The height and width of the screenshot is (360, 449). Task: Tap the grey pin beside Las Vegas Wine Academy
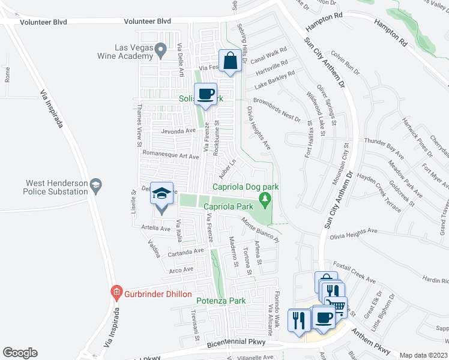point(161,50)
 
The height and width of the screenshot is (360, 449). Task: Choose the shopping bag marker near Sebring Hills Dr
point(231,61)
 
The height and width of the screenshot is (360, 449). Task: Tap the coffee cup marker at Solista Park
point(206,94)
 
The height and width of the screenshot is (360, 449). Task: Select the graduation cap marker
point(161,194)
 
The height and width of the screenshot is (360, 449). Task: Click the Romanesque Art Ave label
point(172,155)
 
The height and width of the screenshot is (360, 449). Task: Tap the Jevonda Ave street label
point(178,130)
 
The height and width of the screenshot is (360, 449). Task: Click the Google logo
point(20,353)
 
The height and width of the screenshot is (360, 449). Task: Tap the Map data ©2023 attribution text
point(424,355)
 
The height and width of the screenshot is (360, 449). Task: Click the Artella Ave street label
point(156,228)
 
